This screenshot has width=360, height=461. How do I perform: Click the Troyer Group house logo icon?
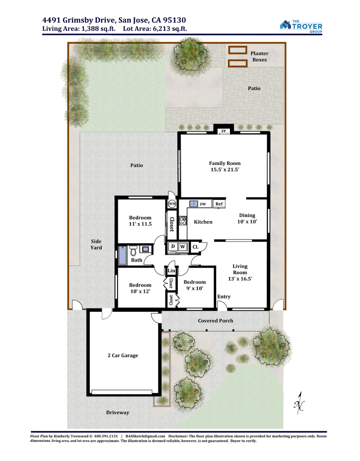[x=285, y=25]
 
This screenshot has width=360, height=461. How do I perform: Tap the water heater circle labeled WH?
[x=172, y=204]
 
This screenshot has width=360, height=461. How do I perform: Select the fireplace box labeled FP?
[x=223, y=131]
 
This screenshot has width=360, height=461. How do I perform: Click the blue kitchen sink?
[x=194, y=204]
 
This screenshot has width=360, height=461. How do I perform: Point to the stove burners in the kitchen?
[x=183, y=220]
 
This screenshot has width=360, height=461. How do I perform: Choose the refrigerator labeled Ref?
[x=219, y=204]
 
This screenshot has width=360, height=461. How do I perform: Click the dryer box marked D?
[x=173, y=247]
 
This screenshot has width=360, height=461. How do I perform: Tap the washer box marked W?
[x=183, y=247]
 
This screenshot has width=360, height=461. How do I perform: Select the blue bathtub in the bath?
[x=122, y=255]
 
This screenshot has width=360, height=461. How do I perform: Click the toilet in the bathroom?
[x=134, y=250]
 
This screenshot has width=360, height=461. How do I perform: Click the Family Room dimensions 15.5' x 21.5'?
[x=225, y=169]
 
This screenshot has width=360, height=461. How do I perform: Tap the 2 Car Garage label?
[x=123, y=355]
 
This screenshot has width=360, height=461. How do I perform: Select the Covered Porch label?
[x=215, y=320]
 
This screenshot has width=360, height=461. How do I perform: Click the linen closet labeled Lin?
[x=171, y=270]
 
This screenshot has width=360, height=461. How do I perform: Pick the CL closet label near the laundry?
[x=195, y=247]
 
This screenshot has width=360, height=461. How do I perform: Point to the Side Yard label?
[x=96, y=244]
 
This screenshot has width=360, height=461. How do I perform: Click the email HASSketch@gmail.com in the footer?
[x=145, y=436]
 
